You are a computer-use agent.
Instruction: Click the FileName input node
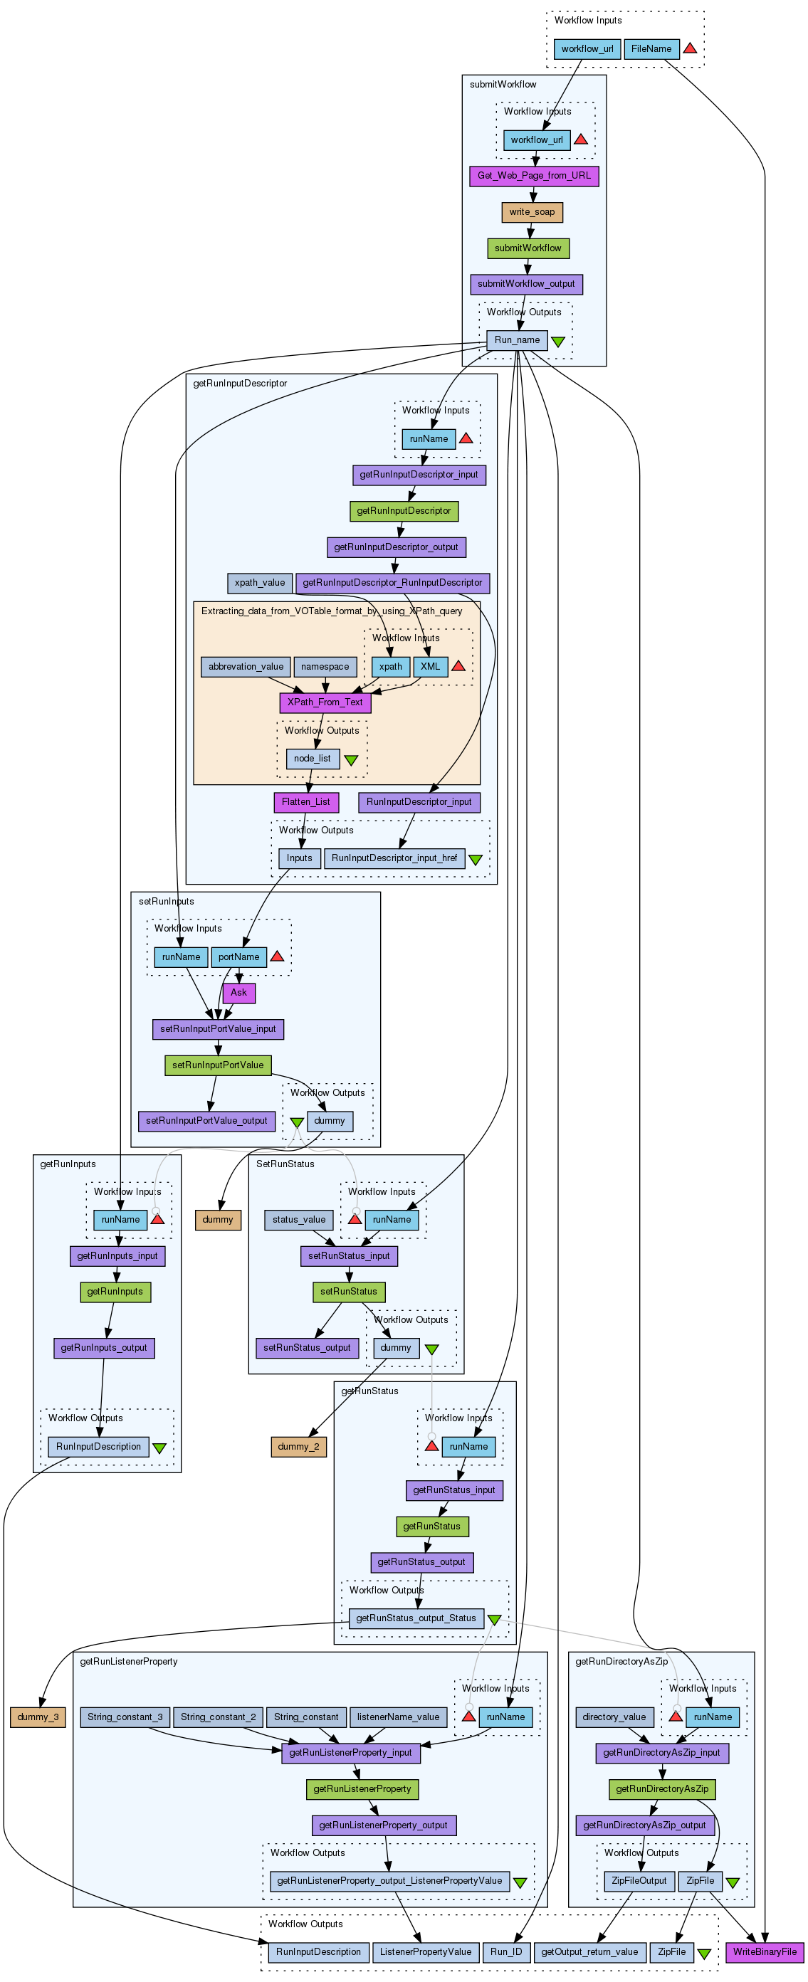651,49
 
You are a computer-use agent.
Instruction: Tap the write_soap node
532,212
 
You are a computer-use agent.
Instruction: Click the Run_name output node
517,340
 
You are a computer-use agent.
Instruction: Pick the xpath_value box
259,583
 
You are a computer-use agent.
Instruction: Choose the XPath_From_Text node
325,702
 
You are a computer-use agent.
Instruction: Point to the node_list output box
313,759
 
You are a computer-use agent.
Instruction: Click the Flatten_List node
306,803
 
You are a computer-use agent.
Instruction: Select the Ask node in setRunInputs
238,993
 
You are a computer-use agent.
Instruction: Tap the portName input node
238,957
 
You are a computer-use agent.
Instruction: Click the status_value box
298,1220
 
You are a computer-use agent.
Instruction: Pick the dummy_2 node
298,1447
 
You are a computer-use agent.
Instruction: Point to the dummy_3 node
38,1717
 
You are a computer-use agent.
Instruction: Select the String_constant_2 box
218,1717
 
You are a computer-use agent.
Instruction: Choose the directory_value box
615,1717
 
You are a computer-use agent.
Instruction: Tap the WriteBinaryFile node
765,1952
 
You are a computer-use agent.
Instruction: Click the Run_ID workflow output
506,1952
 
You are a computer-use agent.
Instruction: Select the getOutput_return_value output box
589,1952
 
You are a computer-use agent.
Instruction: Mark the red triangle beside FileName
691,48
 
